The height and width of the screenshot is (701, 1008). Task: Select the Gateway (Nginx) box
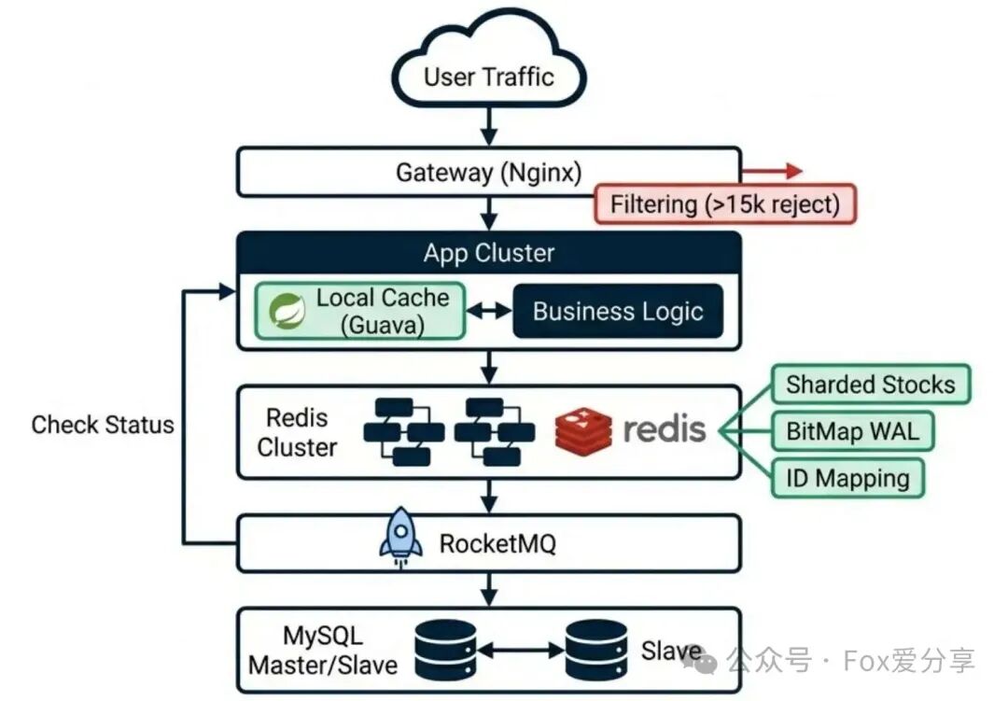pos(488,172)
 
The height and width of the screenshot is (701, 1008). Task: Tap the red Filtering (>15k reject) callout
pos(725,203)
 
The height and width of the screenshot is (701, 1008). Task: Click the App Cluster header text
pos(488,252)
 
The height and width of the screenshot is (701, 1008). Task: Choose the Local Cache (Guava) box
pos(361,311)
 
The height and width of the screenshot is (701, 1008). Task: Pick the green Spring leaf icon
pos(287,311)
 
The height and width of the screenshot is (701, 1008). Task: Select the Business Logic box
pos(618,311)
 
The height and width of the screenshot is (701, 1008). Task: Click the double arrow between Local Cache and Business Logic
pos(488,311)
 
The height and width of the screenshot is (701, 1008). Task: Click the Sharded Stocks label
pos(870,385)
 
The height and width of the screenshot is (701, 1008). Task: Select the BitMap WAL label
pos(851,431)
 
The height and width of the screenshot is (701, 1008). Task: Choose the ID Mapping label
pos(847,478)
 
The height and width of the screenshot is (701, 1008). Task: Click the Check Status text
pos(103,425)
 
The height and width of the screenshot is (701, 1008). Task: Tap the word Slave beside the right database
pos(671,651)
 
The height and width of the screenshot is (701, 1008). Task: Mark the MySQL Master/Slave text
pos(323,651)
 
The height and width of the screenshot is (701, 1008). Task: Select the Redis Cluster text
pos(297,431)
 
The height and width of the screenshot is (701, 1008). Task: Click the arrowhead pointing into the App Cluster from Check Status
pos(227,292)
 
